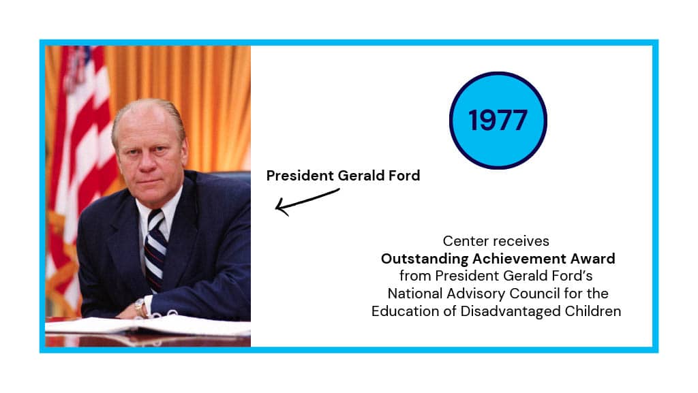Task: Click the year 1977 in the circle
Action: click(x=498, y=121)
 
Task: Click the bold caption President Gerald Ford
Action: click(x=344, y=176)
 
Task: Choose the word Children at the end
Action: click(x=593, y=311)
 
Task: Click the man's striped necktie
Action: click(x=155, y=249)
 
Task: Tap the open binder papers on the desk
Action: click(x=148, y=324)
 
